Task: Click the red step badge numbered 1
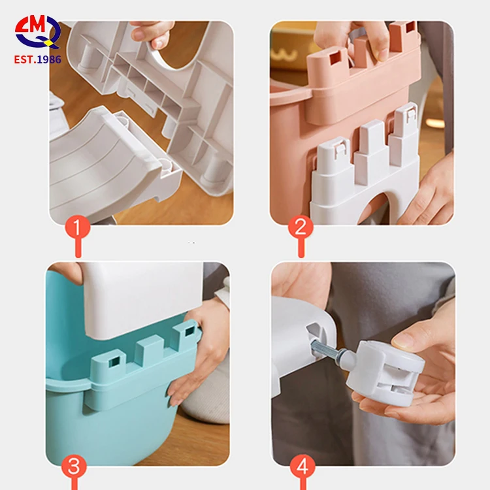(x=78, y=227)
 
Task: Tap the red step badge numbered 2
(x=301, y=227)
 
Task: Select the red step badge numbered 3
(x=74, y=466)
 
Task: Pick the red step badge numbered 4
(x=301, y=466)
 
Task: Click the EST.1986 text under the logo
(x=37, y=59)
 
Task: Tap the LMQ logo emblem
(x=37, y=31)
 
